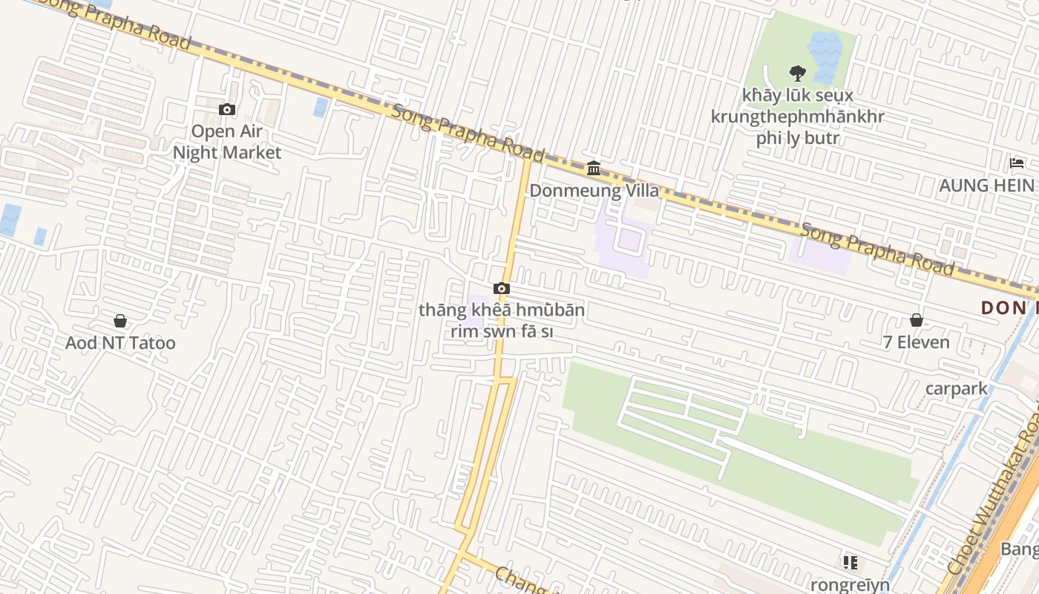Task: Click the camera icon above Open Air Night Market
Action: point(227,110)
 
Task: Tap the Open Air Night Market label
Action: point(227,142)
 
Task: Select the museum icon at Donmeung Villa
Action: point(594,169)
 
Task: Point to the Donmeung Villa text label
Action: point(594,190)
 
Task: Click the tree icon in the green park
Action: point(798,73)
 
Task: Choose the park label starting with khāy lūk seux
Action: point(798,117)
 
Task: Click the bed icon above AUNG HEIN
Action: point(1017,163)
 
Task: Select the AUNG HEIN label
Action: point(986,185)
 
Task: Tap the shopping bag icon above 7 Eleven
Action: point(917,320)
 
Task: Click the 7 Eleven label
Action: point(917,342)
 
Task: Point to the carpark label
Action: point(957,388)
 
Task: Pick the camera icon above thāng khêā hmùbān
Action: point(502,288)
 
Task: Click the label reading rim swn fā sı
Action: point(502,331)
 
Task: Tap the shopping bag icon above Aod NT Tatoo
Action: point(120,321)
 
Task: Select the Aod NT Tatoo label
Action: point(120,342)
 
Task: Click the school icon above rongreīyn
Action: point(850,562)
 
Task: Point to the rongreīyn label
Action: point(850,584)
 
